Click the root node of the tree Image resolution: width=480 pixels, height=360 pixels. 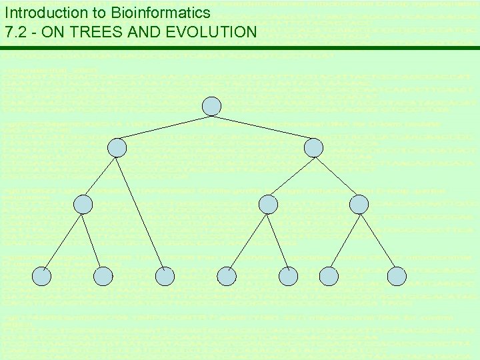(x=211, y=106)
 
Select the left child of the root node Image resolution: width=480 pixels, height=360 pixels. (x=117, y=147)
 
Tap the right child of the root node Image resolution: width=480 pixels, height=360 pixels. (x=313, y=147)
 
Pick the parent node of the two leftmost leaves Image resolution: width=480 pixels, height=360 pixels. (x=83, y=205)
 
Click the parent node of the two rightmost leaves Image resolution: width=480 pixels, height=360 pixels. (x=359, y=205)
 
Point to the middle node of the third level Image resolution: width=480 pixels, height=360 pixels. (x=267, y=205)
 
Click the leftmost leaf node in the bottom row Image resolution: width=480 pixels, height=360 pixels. (x=42, y=275)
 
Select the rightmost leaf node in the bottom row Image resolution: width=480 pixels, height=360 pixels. (x=397, y=275)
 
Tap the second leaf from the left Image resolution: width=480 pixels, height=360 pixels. (x=103, y=275)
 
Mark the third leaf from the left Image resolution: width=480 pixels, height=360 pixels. (x=165, y=275)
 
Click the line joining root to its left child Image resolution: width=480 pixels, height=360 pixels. (x=164, y=127)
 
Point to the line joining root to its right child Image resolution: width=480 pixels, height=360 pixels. (x=263, y=127)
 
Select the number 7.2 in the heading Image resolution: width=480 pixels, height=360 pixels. (x=15, y=31)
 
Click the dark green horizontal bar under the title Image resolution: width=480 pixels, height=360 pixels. (x=240, y=48)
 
